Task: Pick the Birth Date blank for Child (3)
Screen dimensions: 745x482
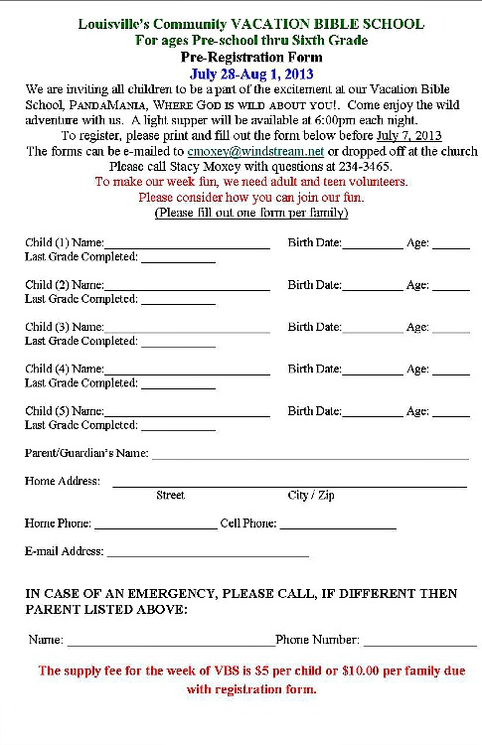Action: tap(373, 328)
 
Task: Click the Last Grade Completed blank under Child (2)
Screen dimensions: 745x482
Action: tap(177, 300)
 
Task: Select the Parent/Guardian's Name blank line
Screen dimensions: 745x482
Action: tap(309, 456)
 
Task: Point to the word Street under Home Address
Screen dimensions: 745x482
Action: tap(171, 495)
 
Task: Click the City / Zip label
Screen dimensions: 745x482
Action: tap(311, 495)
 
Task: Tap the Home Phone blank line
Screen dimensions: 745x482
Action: tap(154, 525)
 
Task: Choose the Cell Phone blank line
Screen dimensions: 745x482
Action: tap(338, 525)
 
